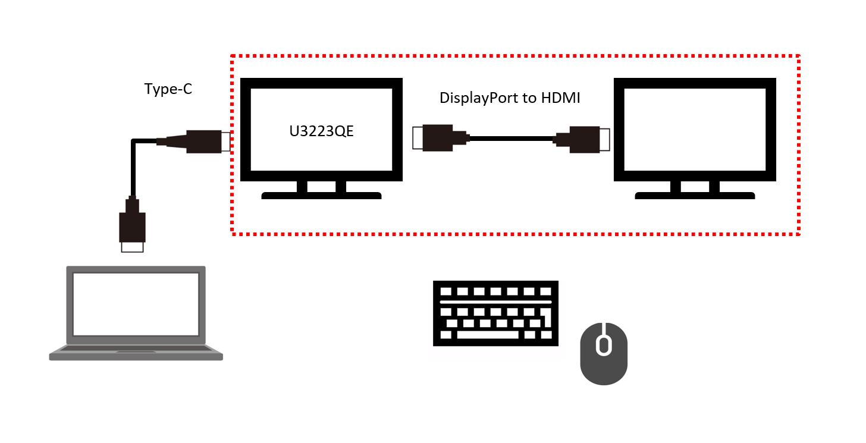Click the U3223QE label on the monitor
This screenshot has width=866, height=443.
pos(321,131)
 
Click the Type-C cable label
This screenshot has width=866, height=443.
pos(168,89)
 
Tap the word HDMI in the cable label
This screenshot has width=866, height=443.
pos(560,98)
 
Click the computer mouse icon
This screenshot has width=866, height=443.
pos(604,354)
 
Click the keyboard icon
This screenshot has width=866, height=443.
pos(495,313)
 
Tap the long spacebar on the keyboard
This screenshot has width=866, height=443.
pos(488,335)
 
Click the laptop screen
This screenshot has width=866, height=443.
pos(136,304)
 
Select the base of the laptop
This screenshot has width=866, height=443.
pos(136,354)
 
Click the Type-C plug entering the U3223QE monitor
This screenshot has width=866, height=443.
pos(205,142)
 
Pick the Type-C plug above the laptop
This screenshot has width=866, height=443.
pos(133,226)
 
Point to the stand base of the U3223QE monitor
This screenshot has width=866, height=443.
pos(321,195)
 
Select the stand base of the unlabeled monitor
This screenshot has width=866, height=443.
pos(695,195)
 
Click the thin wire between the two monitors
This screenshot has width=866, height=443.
pos(512,139)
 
